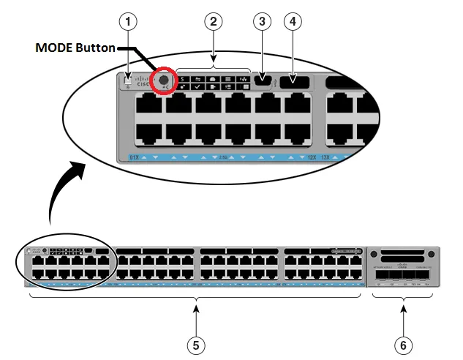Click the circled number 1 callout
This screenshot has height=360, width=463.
pyautogui.click(x=129, y=22)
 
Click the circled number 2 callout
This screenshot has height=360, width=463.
pyautogui.click(x=214, y=22)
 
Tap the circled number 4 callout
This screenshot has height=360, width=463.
pyautogui.click(x=293, y=22)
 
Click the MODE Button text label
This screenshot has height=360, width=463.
pyautogui.click(x=76, y=48)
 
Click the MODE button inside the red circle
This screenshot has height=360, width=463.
pyautogui.click(x=163, y=79)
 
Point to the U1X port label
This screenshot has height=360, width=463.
pyautogui.click(x=134, y=157)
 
